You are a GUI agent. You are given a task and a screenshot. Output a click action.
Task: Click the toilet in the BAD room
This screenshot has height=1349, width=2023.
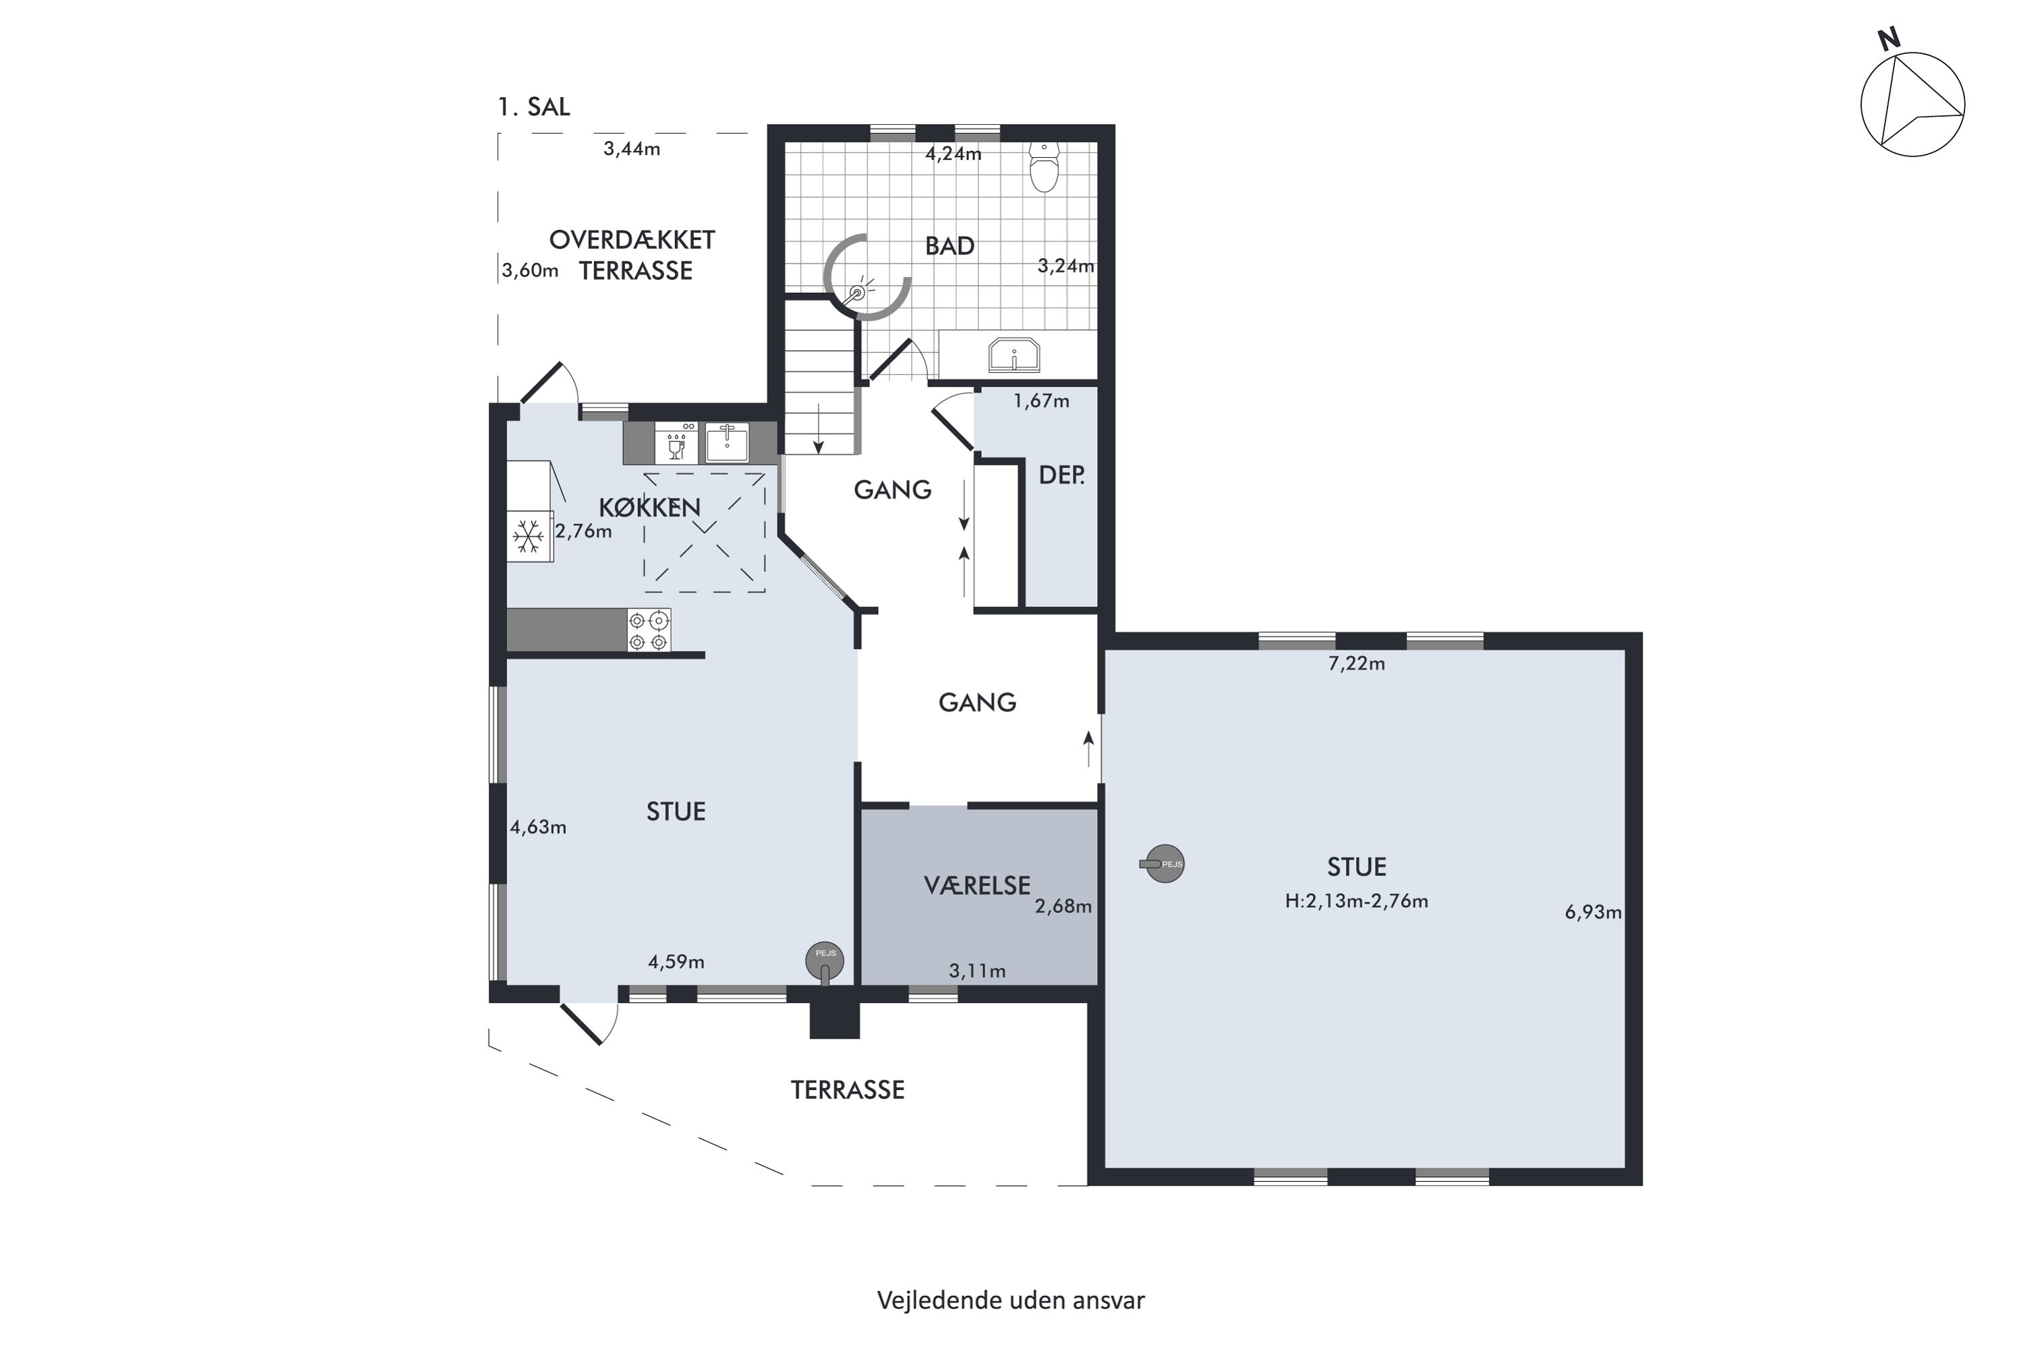[1044, 167]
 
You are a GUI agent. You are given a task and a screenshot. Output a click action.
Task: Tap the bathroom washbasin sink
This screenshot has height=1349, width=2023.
[1014, 355]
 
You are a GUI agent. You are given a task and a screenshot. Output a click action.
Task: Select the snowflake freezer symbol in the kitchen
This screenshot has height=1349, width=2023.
[528, 537]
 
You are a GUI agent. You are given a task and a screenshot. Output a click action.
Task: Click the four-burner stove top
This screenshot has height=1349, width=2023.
[649, 631]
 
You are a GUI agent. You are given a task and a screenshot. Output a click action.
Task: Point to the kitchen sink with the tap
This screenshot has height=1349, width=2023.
[727, 442]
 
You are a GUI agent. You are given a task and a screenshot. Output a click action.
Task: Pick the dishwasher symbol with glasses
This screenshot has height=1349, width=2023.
[676, 442]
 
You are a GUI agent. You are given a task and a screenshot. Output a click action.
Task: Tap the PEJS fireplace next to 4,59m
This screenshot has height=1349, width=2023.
[825, 961]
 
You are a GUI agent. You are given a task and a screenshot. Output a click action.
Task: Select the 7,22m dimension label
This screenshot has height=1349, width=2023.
[1356, 663]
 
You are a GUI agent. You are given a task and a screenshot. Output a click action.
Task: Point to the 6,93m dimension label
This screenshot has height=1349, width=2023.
[1593, 912]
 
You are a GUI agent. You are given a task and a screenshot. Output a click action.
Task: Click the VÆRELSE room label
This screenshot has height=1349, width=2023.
[977, 885]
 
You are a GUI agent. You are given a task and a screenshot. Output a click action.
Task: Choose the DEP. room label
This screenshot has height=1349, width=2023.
[1061, 475]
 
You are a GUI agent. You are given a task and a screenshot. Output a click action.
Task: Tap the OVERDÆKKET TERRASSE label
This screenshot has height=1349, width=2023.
[633, 255]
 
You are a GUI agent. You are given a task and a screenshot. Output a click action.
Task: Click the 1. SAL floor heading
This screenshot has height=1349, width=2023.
[533, 107]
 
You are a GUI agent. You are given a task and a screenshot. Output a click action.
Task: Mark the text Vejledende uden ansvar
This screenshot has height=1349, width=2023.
[1011, 1300]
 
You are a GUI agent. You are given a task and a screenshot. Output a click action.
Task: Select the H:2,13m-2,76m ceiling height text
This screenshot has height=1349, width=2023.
[1356, 900]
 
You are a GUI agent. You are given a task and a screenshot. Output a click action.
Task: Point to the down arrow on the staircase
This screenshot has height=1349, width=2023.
[819, 428]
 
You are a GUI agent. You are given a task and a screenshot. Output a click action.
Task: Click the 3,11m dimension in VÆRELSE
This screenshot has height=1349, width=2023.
[977, 971]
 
